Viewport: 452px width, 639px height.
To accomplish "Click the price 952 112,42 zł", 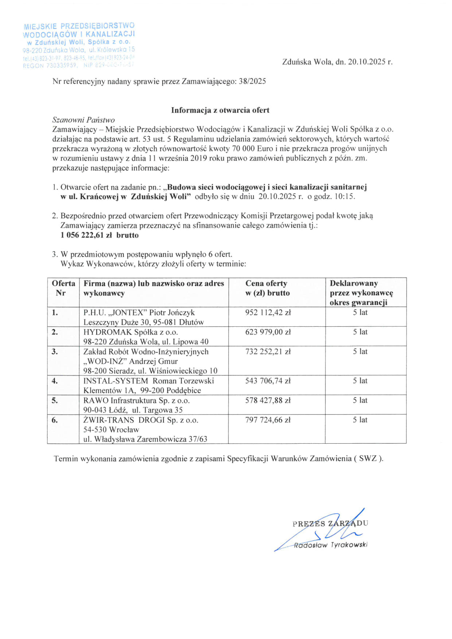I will click(x=268, y=313).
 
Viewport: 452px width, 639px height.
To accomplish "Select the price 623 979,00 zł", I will click(x=268, y=332).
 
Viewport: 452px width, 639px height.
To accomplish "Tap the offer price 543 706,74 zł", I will click(x=268, y=381).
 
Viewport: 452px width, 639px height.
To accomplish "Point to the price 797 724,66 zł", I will click(x=268, y=420).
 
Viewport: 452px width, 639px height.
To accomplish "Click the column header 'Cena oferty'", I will click(x=266, y=283).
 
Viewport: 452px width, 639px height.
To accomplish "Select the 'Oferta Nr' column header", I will click(x=63, y=288).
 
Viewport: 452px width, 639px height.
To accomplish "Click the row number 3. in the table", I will click(x=55, y=352).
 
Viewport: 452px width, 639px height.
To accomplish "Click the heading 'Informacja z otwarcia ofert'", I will click(x=220, y=110).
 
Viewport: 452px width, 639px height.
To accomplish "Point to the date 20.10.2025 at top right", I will click(x=367, y=62).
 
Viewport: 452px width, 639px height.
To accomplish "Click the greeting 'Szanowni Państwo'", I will click(x=83, y=120).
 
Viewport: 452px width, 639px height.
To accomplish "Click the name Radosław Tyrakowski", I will click(x=331, y=545).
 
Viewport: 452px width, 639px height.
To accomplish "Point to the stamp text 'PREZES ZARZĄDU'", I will click(x=330, y=524).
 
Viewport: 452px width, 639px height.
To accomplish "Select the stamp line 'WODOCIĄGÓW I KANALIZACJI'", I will click(x=79, y=34).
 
